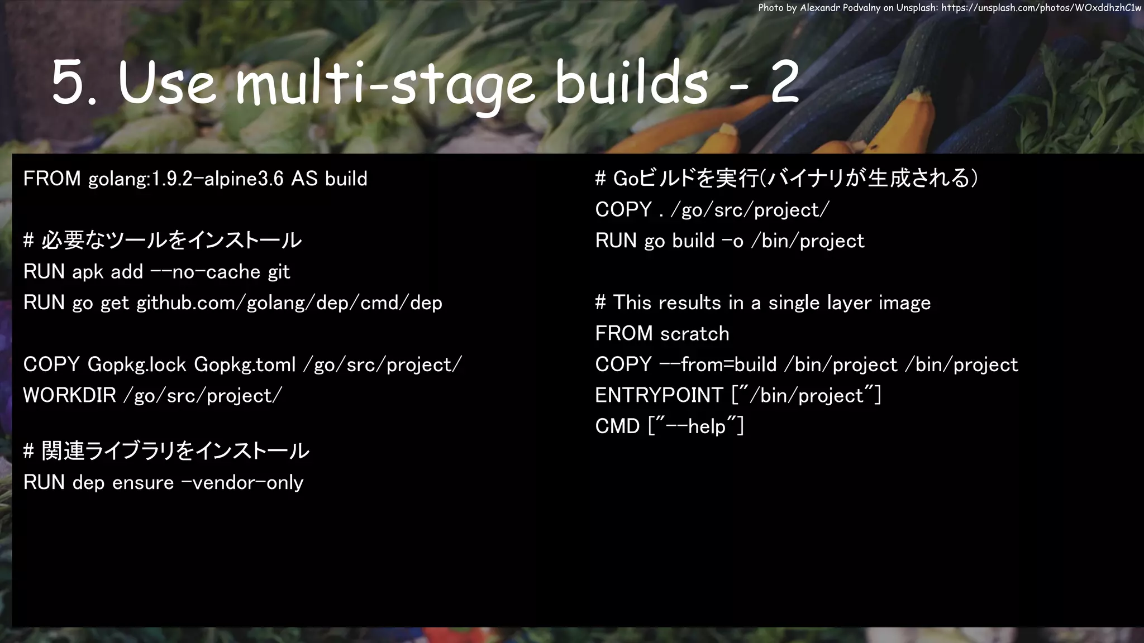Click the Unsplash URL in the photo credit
(1041, 8)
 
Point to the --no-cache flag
(206, 272)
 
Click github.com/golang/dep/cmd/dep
(289, 303)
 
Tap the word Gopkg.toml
(245, 365)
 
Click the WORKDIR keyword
(69, 396)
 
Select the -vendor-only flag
(242, 483)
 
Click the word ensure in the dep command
(143, 483)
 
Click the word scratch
(694, 334)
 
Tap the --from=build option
(718, 365)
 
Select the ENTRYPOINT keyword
(659, 396)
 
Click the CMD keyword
(617, 427)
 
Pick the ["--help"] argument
(696, 427)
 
